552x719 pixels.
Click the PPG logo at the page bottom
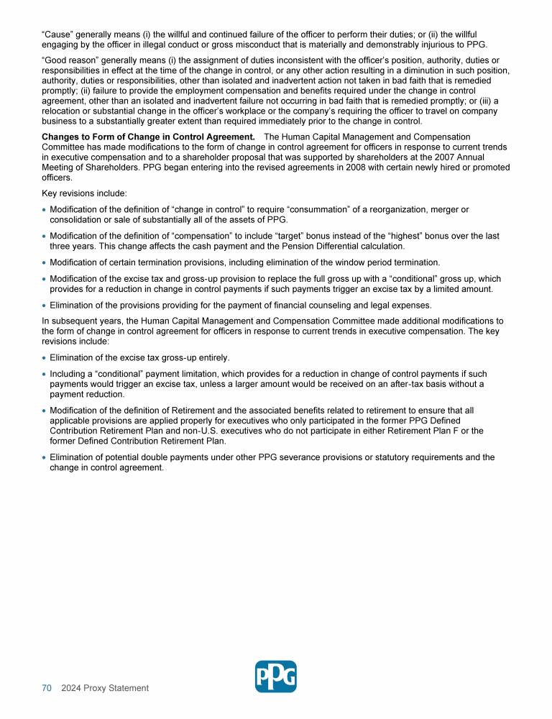275,677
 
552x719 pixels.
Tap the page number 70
46,688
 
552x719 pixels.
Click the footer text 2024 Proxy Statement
105,688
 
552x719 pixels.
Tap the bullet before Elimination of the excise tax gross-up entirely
45,358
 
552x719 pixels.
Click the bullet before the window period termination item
45,262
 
